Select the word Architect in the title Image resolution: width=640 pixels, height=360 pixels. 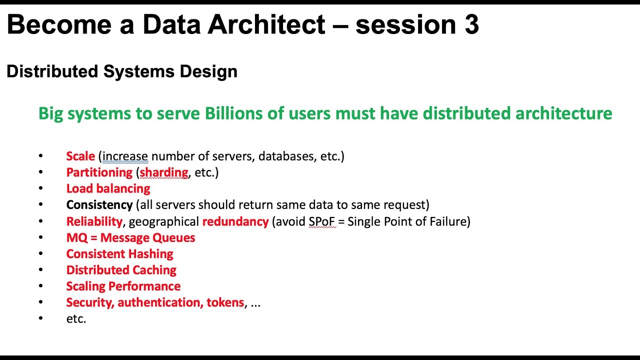tap(266, 25)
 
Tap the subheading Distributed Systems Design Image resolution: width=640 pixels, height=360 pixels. tap(121, 71)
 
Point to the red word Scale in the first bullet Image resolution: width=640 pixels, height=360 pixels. tap(80, 156)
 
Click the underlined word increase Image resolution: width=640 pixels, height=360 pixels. tap(125, 156)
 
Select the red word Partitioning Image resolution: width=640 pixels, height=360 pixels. tap(99, 172)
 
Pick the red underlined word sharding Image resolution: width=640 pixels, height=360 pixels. tap(163, 172)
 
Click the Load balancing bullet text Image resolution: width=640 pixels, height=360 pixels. tap(108, 188)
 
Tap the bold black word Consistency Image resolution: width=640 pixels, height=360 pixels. tap(99, 205)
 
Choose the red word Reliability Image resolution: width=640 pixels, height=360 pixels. tap(94, 221)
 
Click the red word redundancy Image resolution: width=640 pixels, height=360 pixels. tap(235, 221)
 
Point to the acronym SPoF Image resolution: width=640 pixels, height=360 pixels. tap(321, 221)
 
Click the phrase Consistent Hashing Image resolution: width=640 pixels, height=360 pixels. tap(119, 254)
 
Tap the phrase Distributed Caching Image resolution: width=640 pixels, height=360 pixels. tap(121, 270)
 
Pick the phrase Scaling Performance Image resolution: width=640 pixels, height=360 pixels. tap(123, 286)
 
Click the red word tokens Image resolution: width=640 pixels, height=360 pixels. tap(225, 302)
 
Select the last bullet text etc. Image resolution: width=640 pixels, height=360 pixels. tap(76, 319)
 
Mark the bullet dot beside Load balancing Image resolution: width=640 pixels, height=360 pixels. tap(40, 189)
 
